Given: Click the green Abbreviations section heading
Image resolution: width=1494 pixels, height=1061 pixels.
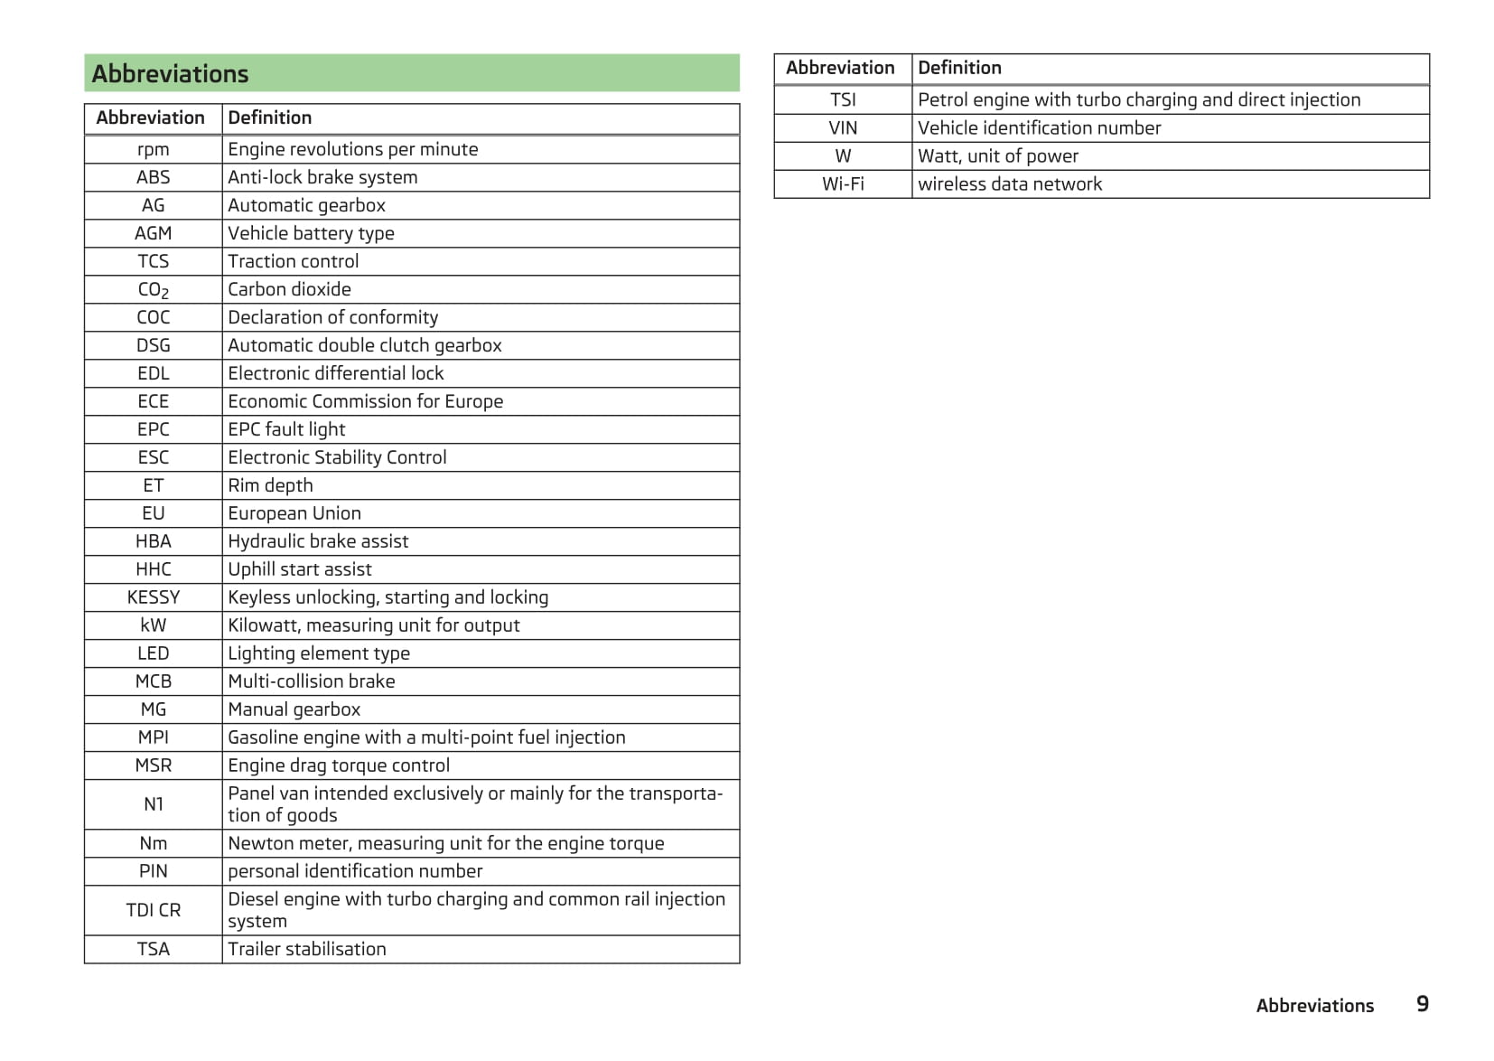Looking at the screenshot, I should point(170,73).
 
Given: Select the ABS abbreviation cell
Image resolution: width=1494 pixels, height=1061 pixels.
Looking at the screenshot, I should point(154,177).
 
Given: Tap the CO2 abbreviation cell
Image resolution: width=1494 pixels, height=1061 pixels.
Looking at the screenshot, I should point(154,289).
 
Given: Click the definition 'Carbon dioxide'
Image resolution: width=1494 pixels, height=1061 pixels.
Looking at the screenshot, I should point(289,289).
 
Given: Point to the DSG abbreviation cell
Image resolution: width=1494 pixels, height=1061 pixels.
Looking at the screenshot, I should point(154,345).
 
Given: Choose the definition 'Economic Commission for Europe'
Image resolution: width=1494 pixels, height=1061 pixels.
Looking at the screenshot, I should point(365,401).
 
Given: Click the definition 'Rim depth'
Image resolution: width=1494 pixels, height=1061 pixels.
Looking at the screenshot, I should point(270,485).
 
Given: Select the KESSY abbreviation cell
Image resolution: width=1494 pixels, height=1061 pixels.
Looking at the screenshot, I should point(154,597).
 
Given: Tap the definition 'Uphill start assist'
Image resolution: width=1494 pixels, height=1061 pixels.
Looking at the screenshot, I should point(299,569).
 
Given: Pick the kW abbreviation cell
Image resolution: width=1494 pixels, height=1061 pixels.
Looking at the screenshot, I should point(154,625).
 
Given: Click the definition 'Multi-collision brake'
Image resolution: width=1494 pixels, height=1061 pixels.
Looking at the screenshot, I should point(311,681).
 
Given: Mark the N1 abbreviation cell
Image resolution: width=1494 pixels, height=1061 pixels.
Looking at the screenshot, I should point(154,804).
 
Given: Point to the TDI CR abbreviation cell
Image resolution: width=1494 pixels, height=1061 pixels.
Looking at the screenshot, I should point(154,910).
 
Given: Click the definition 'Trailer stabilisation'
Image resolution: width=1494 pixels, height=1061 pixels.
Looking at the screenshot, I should point(306,949).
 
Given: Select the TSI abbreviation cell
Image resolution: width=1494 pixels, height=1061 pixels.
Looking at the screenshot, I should point(843,99).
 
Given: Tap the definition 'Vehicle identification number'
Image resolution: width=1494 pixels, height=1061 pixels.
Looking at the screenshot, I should point(1039,128).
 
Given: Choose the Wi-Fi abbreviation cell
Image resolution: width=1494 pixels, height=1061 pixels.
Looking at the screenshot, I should point(843,184).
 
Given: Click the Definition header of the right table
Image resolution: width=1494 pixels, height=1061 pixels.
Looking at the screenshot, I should point(959,68).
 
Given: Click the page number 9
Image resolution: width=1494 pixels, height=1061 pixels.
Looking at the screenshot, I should point(1422,1004).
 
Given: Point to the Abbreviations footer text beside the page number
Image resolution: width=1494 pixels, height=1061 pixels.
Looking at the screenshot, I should point(1314,1006).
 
